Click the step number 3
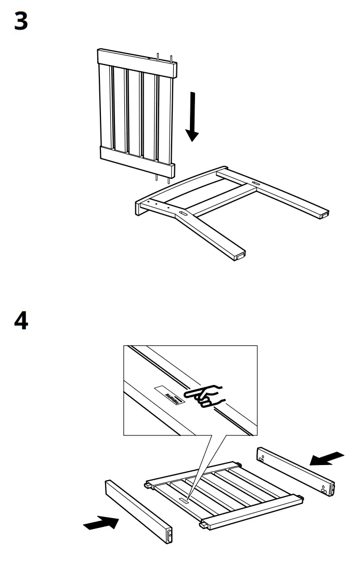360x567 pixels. (21, 22)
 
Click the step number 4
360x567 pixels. (21, 321)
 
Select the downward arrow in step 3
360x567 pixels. (192, 117)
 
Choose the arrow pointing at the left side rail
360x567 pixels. (100, 523)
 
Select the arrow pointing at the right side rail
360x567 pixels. (327, 458)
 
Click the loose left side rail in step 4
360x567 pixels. (138, 512)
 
